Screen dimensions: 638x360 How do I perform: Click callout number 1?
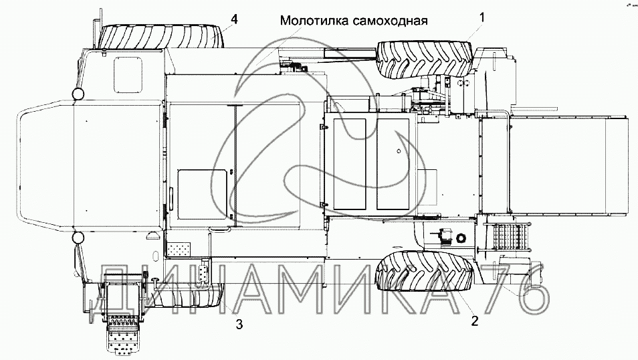click(x=482, y=17)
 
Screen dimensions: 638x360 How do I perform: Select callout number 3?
click(x=239, y=324)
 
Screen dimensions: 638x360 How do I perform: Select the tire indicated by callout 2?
click(x=425, y=271)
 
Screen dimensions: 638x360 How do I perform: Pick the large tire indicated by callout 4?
click(x=161, y=37)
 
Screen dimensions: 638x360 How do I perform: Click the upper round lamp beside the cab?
click(x=78, y=94)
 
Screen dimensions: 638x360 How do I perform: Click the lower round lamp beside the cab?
click(x=78, y=237)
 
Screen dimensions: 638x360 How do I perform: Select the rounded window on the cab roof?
click(x=129, y=74)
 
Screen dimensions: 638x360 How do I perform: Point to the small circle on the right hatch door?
click(x=399, y=151)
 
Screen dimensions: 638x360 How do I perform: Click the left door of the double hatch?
click(x=349, y=164)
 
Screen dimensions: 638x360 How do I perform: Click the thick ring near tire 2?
click(x=461, y=238)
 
